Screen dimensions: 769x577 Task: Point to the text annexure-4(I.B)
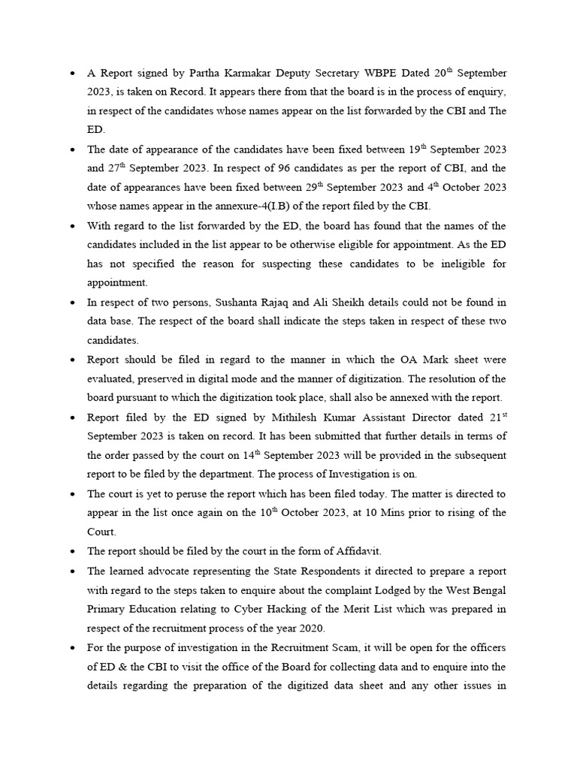[x=288, y=207]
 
